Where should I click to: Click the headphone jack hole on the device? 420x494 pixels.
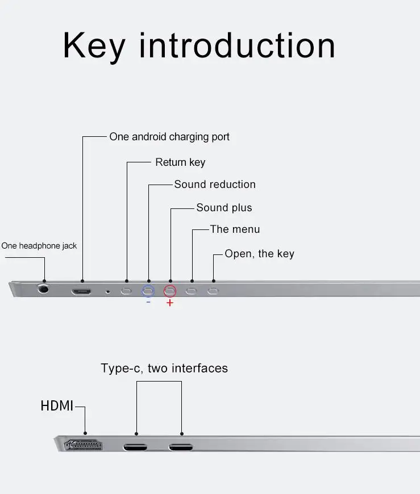pos(43,288)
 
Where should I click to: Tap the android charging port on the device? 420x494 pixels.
pos(81,291)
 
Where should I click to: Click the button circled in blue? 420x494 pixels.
pos(148,291)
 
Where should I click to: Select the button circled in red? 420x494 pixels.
pos(170,291)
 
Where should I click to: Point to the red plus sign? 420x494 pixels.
pos(170,303)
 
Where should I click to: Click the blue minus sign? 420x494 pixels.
pos(148,302)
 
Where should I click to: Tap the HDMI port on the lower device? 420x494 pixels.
pos(85,446)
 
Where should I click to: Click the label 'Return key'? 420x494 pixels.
pos(180,162)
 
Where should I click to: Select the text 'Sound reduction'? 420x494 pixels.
pos(215,185)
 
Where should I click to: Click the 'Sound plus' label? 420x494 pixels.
pos(224,208)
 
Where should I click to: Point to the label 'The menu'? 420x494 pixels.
pos(235,229)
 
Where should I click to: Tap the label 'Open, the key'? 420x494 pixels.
pos(259,254)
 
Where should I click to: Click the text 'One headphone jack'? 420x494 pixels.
pos(39,246)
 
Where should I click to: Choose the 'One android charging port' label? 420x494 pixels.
pos(169,137)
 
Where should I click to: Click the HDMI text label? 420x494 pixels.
pos(57,406)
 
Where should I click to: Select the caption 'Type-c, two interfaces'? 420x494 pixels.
pos(164,369)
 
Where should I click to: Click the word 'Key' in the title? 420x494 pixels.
pos(93,46)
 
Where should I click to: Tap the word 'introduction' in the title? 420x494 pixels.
pos(237,46)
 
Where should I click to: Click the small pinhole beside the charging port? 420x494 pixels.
pos(108,291)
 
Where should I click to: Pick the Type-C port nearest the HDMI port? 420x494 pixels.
pos(135,446)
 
